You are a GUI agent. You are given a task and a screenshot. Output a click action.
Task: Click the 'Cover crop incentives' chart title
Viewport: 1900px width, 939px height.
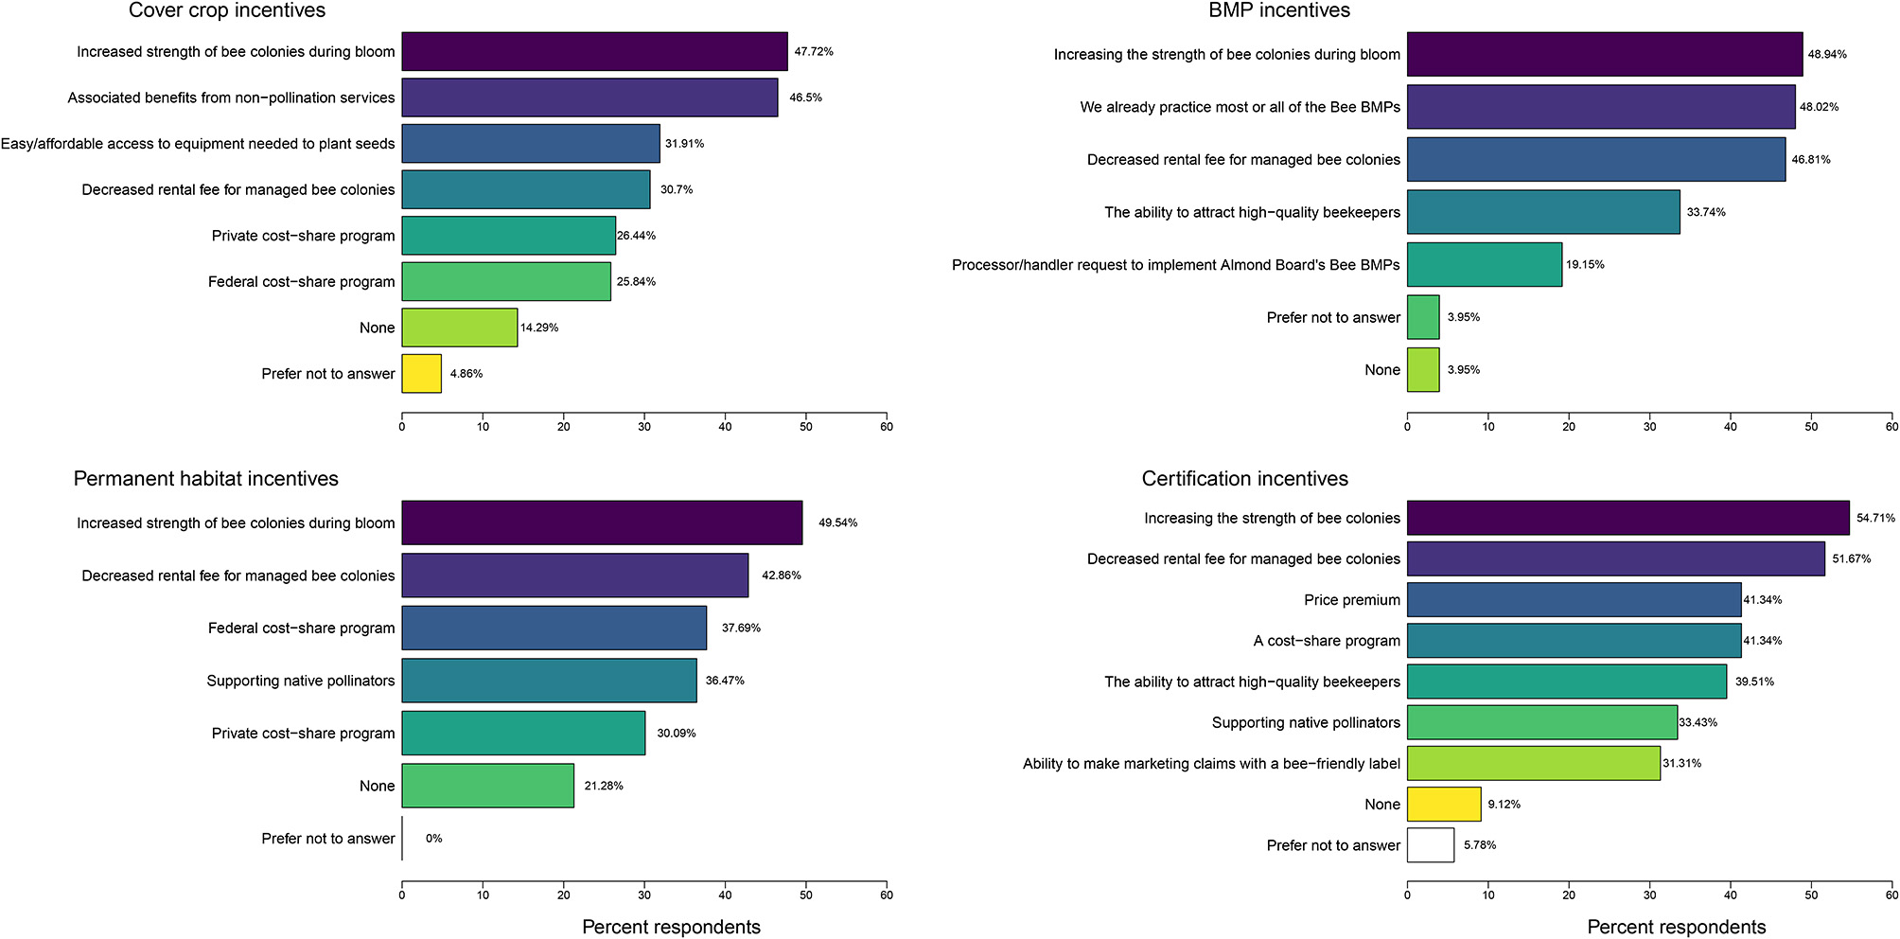click(x=227, y=11)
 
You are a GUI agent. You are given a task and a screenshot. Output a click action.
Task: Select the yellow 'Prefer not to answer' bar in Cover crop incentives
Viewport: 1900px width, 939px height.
click(x=421, y=374)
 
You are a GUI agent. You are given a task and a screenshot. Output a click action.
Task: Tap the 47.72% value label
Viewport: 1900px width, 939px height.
click(x=814, y=52)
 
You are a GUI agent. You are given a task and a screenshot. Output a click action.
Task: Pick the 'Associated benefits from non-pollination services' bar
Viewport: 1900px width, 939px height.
click(x=589, y=97)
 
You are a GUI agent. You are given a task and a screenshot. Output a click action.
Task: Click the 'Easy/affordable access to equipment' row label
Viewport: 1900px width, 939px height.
click(x=198, y=144)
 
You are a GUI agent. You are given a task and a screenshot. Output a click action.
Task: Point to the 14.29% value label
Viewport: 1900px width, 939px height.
click(x=539, y=328)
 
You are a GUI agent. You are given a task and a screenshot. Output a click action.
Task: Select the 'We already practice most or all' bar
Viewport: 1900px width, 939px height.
click(x=1601, y=107)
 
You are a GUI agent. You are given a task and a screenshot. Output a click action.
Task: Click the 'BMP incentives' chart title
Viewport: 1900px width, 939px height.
click(x=1279, y=11)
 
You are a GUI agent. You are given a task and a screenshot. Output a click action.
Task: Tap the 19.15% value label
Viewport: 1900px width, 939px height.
click(x=1585, y=265)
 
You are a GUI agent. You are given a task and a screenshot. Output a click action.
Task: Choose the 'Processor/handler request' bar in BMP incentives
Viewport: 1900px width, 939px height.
click(x=1485, y=264)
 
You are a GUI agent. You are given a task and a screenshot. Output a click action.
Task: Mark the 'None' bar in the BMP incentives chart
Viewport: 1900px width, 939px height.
click(x=1423, y=370)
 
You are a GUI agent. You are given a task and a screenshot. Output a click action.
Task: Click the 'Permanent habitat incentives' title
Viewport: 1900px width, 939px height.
click(x=206, y=479)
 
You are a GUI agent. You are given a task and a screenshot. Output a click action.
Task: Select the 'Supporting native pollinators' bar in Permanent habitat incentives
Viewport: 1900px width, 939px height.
click(x=549, y=681)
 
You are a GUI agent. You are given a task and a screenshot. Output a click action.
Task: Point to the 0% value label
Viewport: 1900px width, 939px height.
click(x=433, y=839)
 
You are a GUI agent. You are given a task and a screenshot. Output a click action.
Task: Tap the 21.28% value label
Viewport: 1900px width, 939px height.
click(x=604, y=786)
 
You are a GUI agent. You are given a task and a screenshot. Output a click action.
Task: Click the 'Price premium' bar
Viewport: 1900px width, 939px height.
click(x=1574, y=600)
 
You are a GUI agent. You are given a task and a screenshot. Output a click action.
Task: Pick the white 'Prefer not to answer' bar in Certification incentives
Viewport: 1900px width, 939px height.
click(x=1431, y=845)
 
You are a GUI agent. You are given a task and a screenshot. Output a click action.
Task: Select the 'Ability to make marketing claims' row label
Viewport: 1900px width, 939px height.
click(x=1211, y=764)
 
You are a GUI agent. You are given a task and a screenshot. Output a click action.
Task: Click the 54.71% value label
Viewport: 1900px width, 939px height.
click(x=1875, y=519)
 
